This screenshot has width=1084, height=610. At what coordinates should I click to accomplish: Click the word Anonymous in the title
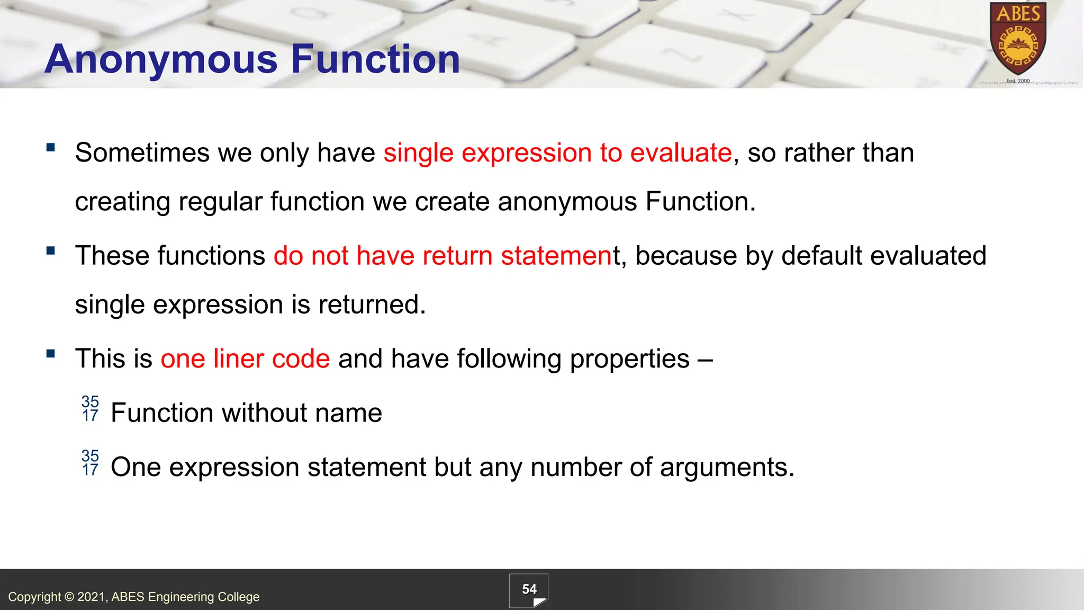(x=161, y=59)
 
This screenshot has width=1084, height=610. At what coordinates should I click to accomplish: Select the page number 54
(x=529, y=589)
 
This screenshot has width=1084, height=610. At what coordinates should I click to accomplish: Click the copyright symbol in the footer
(x=69, y=597)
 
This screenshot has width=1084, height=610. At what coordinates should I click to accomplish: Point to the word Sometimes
(x=142, y=153)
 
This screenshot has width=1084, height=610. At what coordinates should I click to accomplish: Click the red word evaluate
(x=681, y=153)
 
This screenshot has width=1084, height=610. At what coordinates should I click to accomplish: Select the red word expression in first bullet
(x=526, y=153)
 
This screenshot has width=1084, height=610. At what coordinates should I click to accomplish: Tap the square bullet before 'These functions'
(x=51, y=250)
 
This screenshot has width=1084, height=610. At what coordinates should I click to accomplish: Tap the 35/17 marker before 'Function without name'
(x=90, y=409)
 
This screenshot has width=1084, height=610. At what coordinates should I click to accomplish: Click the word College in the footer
(x=238, y=597)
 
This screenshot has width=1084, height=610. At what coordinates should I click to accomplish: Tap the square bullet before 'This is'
(x=51, y=354)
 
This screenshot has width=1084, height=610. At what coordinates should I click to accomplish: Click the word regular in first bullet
(x=220, y=202)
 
